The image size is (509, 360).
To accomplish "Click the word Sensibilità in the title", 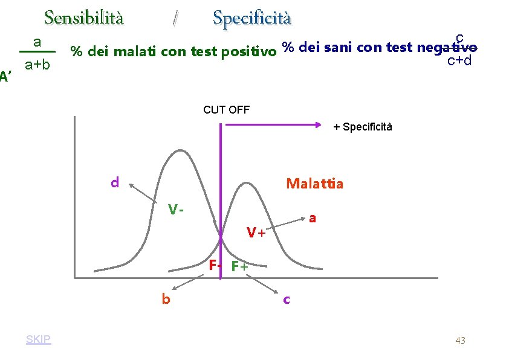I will click(84, 18).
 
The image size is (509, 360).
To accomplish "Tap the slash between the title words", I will click(175, 19).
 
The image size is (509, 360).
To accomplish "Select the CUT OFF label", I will click(227, 110).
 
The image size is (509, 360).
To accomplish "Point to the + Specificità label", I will click(363, 127).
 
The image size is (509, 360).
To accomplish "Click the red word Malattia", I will click(314, 184).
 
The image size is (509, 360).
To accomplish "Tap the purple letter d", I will click(114, 182).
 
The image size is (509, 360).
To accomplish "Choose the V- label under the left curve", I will click(175, 210).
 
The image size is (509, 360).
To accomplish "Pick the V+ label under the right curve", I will click(256, 231).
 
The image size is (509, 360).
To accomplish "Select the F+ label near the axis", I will click(239, 266).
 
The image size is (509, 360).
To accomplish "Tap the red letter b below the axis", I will click(165, 299).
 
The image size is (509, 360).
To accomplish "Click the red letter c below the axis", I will click(287, 299).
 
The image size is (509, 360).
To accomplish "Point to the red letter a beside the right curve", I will click(312, 219).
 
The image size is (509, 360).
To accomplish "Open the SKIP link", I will click(39, 339).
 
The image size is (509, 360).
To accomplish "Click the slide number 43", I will click(460, 341).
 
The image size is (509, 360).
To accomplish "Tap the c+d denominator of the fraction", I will click(459, 60).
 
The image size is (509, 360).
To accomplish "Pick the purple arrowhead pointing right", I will click(317, 125).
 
